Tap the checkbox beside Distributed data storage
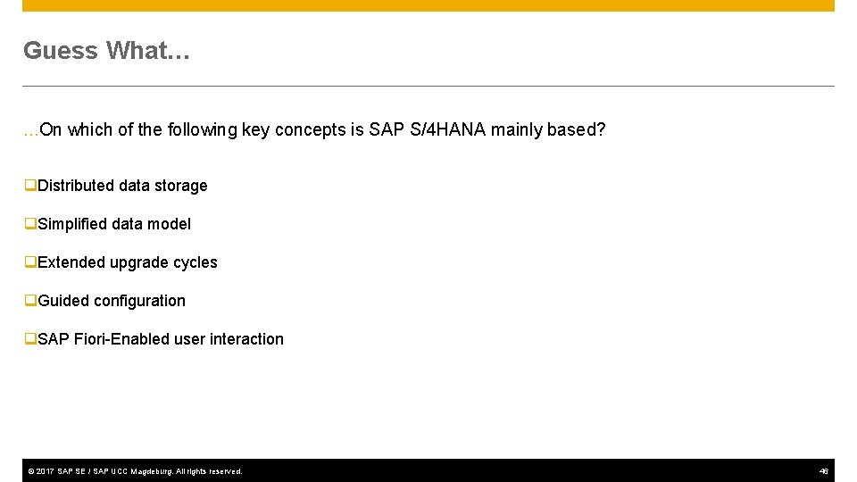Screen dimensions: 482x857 (x=30, y=186)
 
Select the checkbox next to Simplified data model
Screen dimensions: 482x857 (x=30, y=224)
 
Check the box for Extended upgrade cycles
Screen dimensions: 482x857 (x=30, y=262)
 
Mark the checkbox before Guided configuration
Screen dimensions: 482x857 (x=30, y=301)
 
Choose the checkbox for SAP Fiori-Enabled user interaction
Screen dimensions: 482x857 (x=30, y=339)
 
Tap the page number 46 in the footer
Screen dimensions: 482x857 (x=824, y=471)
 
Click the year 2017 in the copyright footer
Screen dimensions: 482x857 (x=46, y=471)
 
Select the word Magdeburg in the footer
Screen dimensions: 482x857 (x=151, y=471)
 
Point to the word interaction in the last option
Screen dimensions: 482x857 (x=246, y=339)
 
